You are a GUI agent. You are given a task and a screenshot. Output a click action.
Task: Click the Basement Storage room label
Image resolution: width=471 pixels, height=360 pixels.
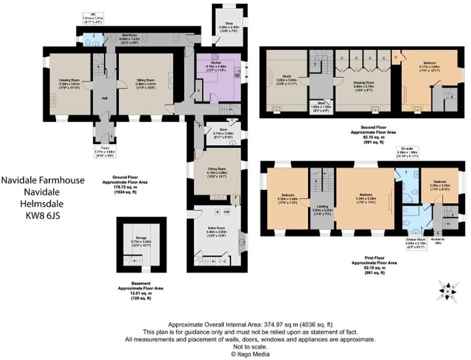142,238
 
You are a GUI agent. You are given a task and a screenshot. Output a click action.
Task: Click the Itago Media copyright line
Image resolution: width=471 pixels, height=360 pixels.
250,354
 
